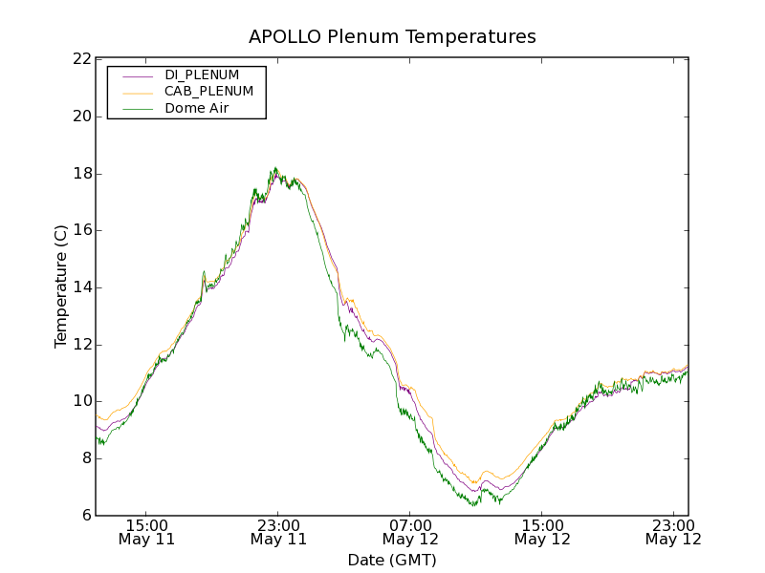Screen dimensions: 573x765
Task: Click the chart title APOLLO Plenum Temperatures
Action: pyautogui.click(x=392, y=37)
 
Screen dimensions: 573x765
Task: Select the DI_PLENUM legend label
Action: pyautogui.click(x=202, y=74)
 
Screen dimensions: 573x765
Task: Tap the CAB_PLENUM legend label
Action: pyautogui.click(x=208, y=92)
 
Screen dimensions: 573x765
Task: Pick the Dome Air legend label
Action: pyautogui.click(x=197, y=109)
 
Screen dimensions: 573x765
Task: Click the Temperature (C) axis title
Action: pyautogui.click(x=61, y=286)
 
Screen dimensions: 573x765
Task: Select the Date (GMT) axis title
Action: pyautogui.click(x=392, y=560)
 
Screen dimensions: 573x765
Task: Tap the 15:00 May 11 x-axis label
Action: pyautogui.click(x=146, y=532)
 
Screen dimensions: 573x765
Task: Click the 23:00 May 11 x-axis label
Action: pyautogui.click(x=278, y=532)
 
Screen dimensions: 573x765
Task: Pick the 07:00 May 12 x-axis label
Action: pyautogui.click(x=410, y=532)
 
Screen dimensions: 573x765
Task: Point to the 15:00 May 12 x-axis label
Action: pyautogui.click(x=542, y=532)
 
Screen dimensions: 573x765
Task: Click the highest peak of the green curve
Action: pyautogui.click(x=275, y=168)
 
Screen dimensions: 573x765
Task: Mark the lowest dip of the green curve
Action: pyautogui.click(x=472, y=505)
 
